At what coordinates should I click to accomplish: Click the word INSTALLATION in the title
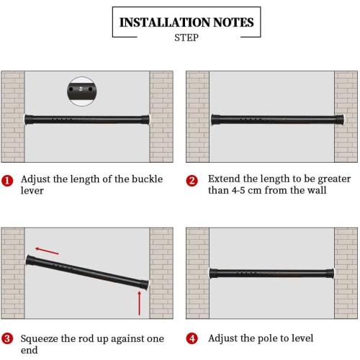[x=158, y=22]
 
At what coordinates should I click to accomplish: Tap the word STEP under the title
[x=186, y=38]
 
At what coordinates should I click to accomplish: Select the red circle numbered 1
[x=7, y=181]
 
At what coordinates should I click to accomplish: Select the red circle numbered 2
[x=192, y=181]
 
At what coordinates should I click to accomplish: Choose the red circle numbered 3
[x=7, y=338]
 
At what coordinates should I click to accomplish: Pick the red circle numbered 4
[x=192, y=338]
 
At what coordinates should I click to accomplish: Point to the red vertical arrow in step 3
[x=139, y=304]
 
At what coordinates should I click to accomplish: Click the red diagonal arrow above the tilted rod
[x=48, y=251]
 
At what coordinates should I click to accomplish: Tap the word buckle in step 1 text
[x=146, y=179]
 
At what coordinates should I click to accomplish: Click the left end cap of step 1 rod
[x=28, y=117]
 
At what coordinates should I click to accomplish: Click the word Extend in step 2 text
[x=225, y=179]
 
